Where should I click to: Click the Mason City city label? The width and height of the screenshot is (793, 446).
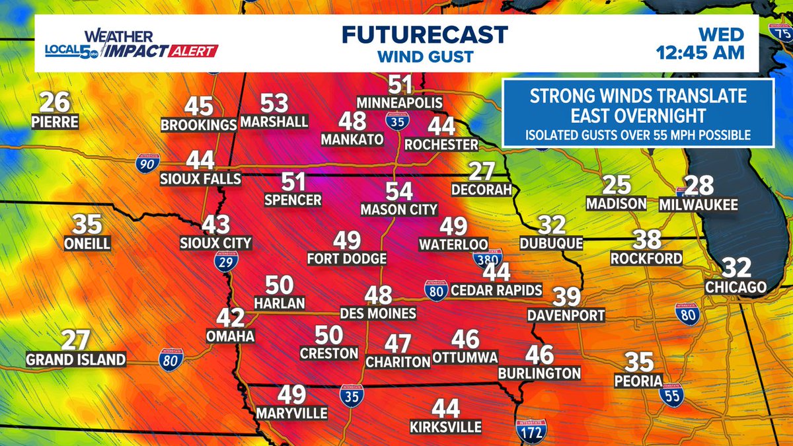coord(398,209)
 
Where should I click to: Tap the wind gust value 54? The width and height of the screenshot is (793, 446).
coord(399,192)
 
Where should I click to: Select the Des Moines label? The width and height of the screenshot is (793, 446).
coord(378,313)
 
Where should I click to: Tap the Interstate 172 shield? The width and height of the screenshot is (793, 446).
coord(527,427)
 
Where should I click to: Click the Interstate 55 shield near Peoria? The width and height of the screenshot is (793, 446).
coord(671,394)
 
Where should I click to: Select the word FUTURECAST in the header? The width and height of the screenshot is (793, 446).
coord(425,34)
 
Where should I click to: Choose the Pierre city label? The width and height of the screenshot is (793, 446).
coord(55,122)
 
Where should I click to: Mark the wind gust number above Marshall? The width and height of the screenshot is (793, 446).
coord(274,103)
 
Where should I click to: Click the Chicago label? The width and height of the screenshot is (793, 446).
coord(736,287)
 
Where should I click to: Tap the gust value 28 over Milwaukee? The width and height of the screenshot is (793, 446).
coord(699,186)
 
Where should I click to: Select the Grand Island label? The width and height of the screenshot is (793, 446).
coord(75,360)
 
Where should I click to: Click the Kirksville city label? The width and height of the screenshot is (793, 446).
coord(445,426)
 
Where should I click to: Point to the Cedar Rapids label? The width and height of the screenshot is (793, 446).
coord(496,290)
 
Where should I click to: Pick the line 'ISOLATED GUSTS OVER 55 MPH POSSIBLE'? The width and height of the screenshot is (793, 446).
coord(638,135)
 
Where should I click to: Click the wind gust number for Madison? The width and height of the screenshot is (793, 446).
coord(617,185)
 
